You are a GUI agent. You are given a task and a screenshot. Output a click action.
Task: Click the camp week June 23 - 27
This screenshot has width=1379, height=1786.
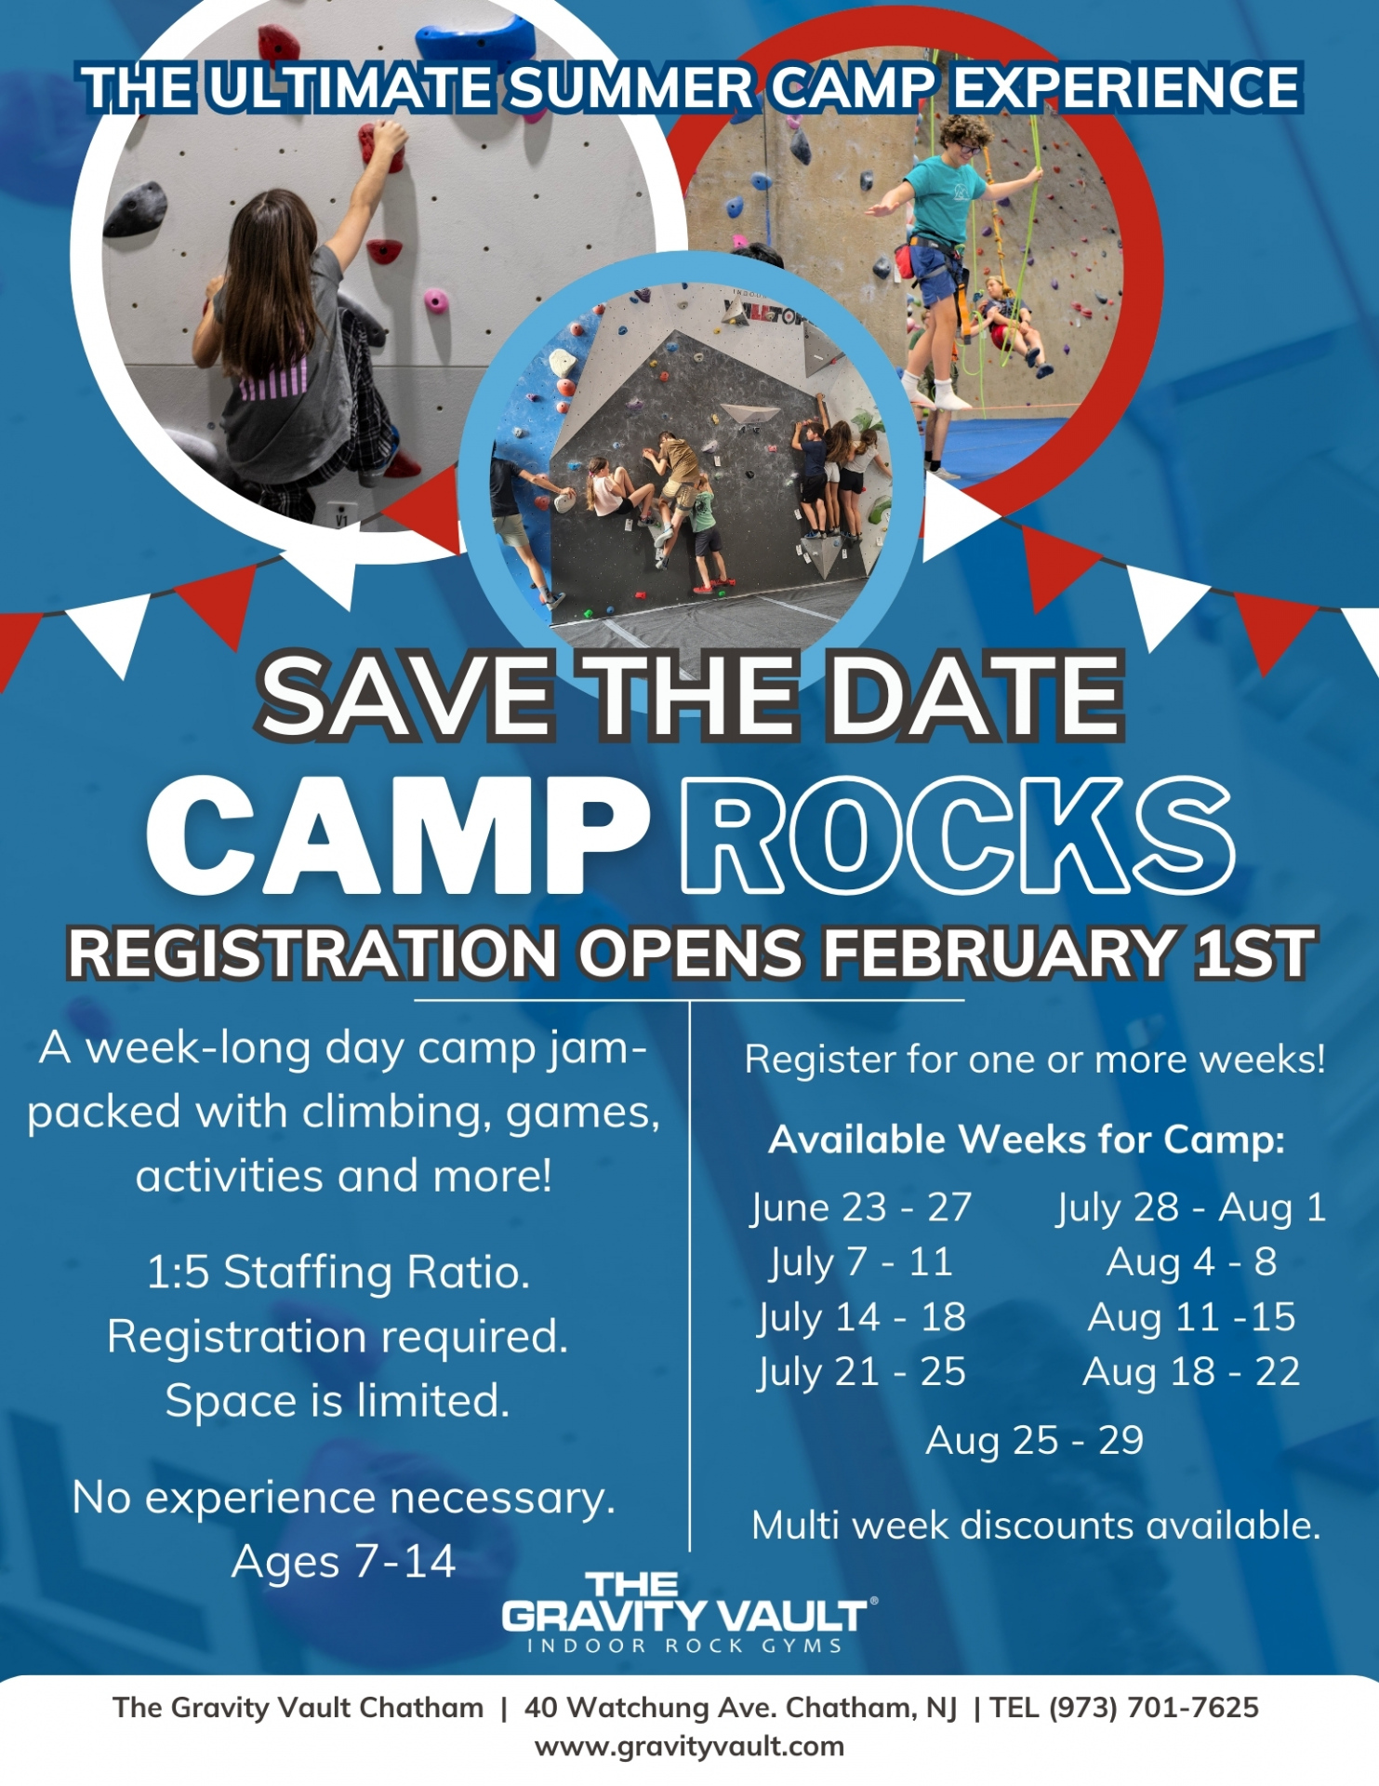(x=861, y=1206)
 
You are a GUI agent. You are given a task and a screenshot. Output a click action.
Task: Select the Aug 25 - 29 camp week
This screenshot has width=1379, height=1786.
(x=1034, y=1440)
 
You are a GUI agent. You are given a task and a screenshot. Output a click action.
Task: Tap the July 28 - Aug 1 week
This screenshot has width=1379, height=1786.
(x=1191, y=1206)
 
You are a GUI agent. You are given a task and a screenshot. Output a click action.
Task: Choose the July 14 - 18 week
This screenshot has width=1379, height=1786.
(x=861, y=1317)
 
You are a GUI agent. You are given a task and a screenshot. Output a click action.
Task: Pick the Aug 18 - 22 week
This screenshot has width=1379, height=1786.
(x=1191, y=1372)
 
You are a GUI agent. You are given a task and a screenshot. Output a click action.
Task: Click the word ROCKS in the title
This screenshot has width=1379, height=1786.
(x=958, y=834)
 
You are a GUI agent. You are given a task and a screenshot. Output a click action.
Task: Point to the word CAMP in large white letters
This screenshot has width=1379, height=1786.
(x=398, y=834)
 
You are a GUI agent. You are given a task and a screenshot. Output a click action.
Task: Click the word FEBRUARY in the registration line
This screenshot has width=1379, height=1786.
(x=999, y=953)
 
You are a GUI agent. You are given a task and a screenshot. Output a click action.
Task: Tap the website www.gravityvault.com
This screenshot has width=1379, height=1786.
(x=689, y=1747)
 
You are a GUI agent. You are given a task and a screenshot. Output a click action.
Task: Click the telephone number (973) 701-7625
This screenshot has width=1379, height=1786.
(x=1153, y=1708)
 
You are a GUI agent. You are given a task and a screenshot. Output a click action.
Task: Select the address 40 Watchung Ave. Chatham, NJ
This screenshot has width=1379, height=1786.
(x=740, y=1708)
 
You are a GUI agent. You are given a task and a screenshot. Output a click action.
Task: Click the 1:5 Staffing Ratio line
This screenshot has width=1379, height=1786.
(x=338, y=1272)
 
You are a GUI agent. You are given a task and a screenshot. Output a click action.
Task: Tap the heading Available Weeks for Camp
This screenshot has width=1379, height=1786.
(x=1027, y=1140)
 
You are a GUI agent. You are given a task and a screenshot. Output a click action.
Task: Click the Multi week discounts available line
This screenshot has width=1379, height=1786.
(x=1036, y=1526)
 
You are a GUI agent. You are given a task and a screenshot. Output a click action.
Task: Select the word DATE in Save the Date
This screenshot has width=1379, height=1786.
(x=976, y=695)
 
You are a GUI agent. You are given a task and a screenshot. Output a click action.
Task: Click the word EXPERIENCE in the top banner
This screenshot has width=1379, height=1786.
(x=1125, y=87)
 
